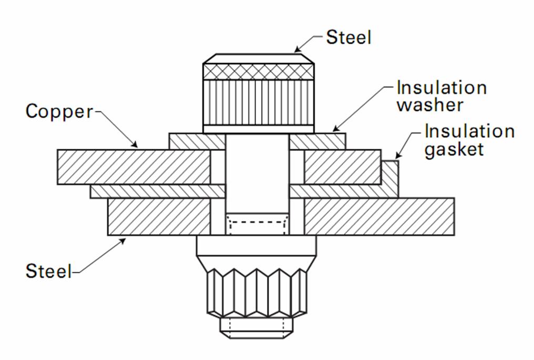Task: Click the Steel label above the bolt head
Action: tap(348, 37)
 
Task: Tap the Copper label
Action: tap(59, 111)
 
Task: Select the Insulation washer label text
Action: tap(441, 96)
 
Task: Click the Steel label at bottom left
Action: tap(48, 271)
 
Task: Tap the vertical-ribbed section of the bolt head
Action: tap(259, 102)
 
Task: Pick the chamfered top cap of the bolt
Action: tap(259, 58)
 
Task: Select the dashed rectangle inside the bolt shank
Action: tap(257, 227)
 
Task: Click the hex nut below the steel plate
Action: tap(257, 292)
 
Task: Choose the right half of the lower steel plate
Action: tap(378, 217)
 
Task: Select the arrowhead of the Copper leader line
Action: tap(136, 145)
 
